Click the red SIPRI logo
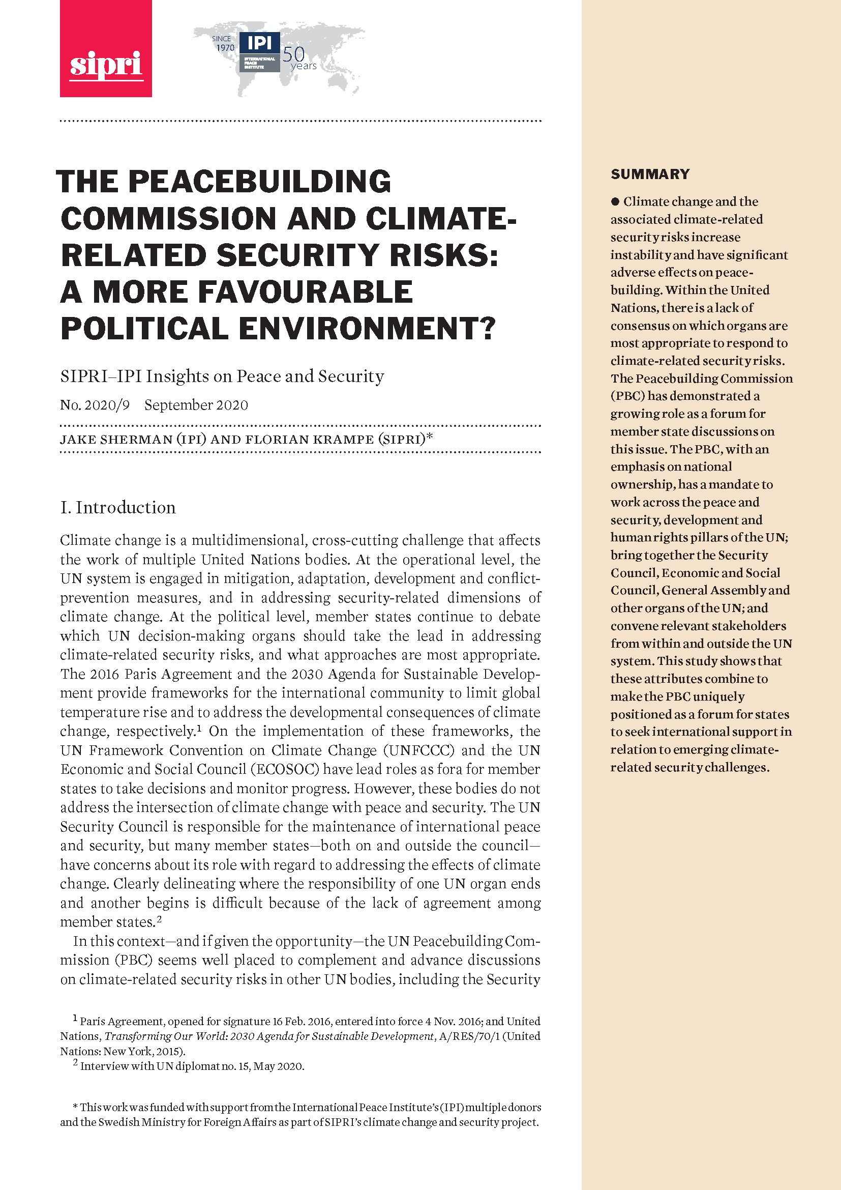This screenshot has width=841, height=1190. [106, 49]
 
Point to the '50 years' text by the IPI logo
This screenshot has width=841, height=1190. [299, 58]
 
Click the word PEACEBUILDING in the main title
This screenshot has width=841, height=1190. [259, 182]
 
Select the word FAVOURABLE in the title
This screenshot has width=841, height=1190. [305, 292]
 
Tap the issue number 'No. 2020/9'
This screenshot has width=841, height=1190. [95, 405]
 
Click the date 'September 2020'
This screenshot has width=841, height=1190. [196, 405]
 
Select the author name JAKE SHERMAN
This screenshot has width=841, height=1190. [116, 440]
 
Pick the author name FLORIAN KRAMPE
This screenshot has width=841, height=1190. [309, 440]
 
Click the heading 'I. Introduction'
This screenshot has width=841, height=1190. [118, 507]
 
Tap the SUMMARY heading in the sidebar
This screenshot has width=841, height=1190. [650, 174]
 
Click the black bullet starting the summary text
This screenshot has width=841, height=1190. [615, 201]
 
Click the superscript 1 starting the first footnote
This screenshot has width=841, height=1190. [75, 1019]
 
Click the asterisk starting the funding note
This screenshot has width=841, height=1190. [75, 1108]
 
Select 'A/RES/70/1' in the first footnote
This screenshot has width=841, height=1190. [470, 1036]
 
